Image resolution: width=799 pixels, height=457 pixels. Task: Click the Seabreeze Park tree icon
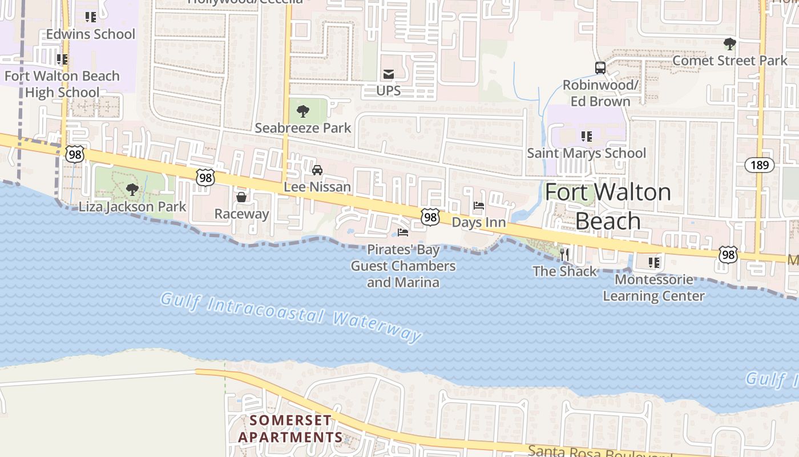(303, 111)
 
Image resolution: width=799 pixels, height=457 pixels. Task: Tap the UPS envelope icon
(389, 74)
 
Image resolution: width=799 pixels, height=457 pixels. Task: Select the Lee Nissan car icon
(317, 170)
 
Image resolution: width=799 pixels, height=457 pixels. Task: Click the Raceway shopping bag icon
(241, 197)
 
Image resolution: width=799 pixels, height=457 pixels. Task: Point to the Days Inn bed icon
(479, 206)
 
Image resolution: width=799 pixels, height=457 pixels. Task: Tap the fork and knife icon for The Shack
(564, 254)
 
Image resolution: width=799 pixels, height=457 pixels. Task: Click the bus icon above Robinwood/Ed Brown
(600, 68)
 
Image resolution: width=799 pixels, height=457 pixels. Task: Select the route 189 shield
(760, 166)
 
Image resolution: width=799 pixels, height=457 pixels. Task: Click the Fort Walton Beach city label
(608, 206)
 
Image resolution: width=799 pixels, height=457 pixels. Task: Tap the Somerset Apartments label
(290, 429)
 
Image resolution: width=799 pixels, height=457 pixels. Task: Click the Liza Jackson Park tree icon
(132, 190)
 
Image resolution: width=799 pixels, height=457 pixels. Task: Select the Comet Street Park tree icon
(729, 43)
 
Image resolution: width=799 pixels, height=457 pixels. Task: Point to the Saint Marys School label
(586, 153)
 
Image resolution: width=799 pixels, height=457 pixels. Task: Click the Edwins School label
(91, 34)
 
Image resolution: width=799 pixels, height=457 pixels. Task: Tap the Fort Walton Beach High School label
(62, 84)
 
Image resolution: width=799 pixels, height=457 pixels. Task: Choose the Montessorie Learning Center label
(653, 288)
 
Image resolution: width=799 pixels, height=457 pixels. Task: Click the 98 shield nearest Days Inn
(431, 217)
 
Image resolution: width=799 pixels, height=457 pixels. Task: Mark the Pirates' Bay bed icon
(403, 232)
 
